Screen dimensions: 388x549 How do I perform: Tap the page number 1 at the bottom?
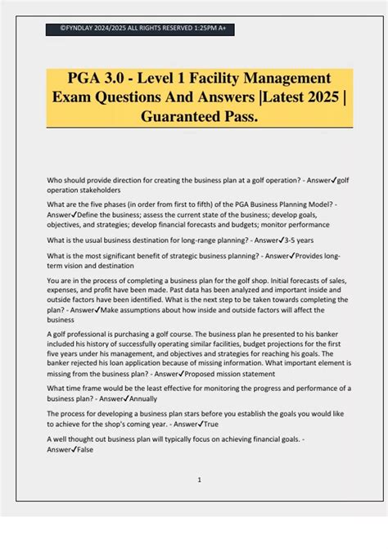click(200, 479)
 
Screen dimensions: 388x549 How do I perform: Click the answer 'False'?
click(83, 449)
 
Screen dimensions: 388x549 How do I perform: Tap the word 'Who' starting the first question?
click(55, 178)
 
